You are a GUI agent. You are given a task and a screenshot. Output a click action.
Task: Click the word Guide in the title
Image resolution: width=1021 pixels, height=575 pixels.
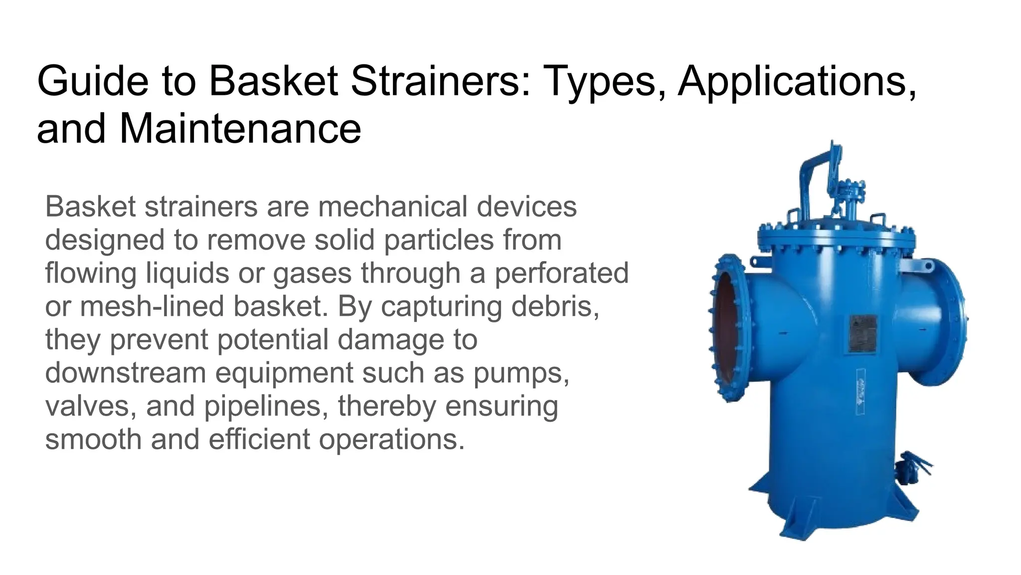pyautogui.click(x=93, y=81)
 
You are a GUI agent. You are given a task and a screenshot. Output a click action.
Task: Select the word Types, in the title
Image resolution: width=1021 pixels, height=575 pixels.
pyautogui.click(x=605, y=81)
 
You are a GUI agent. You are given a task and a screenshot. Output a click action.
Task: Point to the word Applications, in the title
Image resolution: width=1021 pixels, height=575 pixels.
pyautogui.click(x=797, y=81)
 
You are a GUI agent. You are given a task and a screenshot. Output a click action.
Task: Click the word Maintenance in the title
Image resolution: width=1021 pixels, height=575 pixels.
pyautogui.click(x=240, y=129)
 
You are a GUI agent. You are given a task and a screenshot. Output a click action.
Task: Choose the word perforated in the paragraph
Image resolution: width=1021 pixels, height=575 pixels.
pyautogui.click(x=561, y=273)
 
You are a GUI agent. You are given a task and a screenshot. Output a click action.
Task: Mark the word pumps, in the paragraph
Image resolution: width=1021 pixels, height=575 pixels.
pyautogui.click(x=521, y=373)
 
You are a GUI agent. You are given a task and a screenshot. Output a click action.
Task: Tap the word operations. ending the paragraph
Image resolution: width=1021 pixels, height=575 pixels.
pyautogui.click(x=392, y=439)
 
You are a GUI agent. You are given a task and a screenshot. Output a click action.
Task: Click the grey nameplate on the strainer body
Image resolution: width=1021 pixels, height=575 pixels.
pyautogui.click(x=862, y=333)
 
